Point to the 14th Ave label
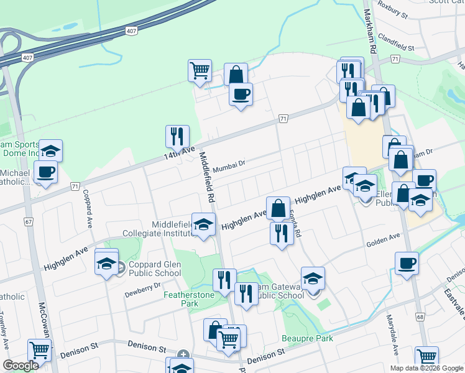click(180, 152)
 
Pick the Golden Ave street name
click(382, 240)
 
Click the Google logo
click(21, 365)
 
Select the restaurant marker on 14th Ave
click(177, 137)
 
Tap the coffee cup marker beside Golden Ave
click(407, 263)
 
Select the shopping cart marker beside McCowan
click(40, 351)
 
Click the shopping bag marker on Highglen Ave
click(279, 208)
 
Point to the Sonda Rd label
click(295, 224)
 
